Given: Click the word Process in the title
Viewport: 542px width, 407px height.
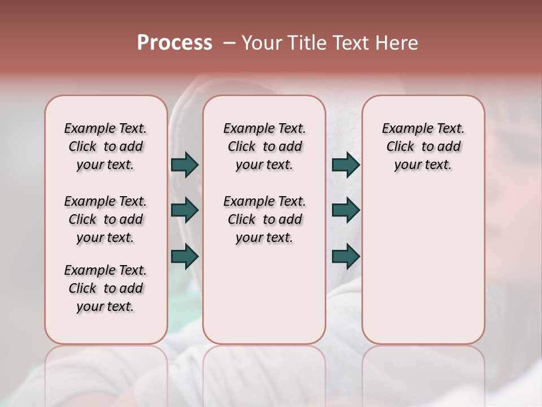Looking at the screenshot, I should coord(174,43).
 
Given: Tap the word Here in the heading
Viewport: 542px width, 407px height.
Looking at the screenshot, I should coord(396,43).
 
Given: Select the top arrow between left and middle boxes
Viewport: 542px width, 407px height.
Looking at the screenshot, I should coord(185,164).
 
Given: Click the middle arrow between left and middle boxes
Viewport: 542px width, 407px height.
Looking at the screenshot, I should coord(185,210).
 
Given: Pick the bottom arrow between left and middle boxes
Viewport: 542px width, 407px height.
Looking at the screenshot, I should coord(185,257).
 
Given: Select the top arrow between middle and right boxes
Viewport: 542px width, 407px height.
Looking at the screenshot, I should coord(346,164).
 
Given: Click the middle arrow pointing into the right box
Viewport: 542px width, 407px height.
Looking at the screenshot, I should coord(346,210).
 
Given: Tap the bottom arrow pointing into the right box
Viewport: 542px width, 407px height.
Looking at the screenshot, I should coord(346,257).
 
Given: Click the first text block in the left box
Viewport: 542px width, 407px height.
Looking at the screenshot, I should coord(106,146).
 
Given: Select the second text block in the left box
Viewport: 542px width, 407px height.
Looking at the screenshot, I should coord(106,219).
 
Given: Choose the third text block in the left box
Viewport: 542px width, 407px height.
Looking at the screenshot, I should coord(106,288).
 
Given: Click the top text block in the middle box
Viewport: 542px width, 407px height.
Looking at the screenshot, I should coord(264,146).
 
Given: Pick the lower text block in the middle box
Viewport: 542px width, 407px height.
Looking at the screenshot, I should coord(264,219).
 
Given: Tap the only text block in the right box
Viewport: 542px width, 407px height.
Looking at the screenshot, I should coord(423,146).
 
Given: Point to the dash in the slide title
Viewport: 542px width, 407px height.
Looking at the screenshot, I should coord(229,43).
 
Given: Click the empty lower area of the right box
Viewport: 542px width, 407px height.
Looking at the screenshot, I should coord(423,266).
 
